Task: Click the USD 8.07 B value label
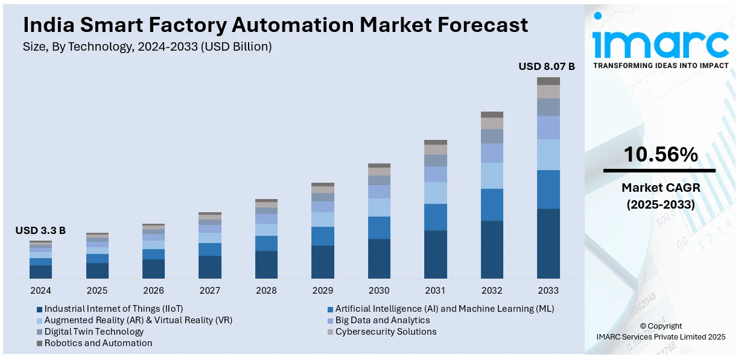tap(547, 66)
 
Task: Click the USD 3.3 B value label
tap(40, 230)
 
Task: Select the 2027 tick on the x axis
tap(210, 291)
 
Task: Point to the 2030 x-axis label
tap(379, 291)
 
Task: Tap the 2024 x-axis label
tap(40, 291)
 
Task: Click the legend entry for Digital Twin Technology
tap(94, 332)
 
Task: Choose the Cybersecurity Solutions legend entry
tap(386, 332)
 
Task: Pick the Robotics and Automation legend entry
tap(98, 343)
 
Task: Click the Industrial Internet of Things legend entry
tap(113, 309)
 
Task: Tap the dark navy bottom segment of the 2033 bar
tap(548, 244)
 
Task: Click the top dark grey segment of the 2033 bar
tap(548, 81)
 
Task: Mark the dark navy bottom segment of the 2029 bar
tap(323, 262)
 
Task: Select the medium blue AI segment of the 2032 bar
tap(492, 205)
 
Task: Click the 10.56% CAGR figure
tap(660, 156)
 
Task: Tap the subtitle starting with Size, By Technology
tap(147, 46)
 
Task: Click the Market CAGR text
tap(660, 188)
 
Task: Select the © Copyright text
tap(660, 326)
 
